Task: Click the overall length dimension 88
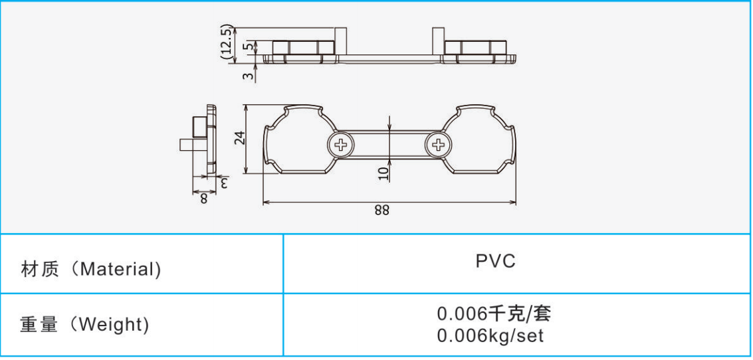pos(381,211)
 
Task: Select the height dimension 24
pos(240,138)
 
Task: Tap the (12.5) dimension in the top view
pos(227,43)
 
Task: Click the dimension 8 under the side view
pos(203,198)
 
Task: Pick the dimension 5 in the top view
pos(247,46)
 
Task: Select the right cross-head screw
pos(438,143)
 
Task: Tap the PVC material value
pos(495,261)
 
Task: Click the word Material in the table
pos(120,270)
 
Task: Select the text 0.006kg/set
pos(490,336)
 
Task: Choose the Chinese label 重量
pos(39,325)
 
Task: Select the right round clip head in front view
pos(483,140)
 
